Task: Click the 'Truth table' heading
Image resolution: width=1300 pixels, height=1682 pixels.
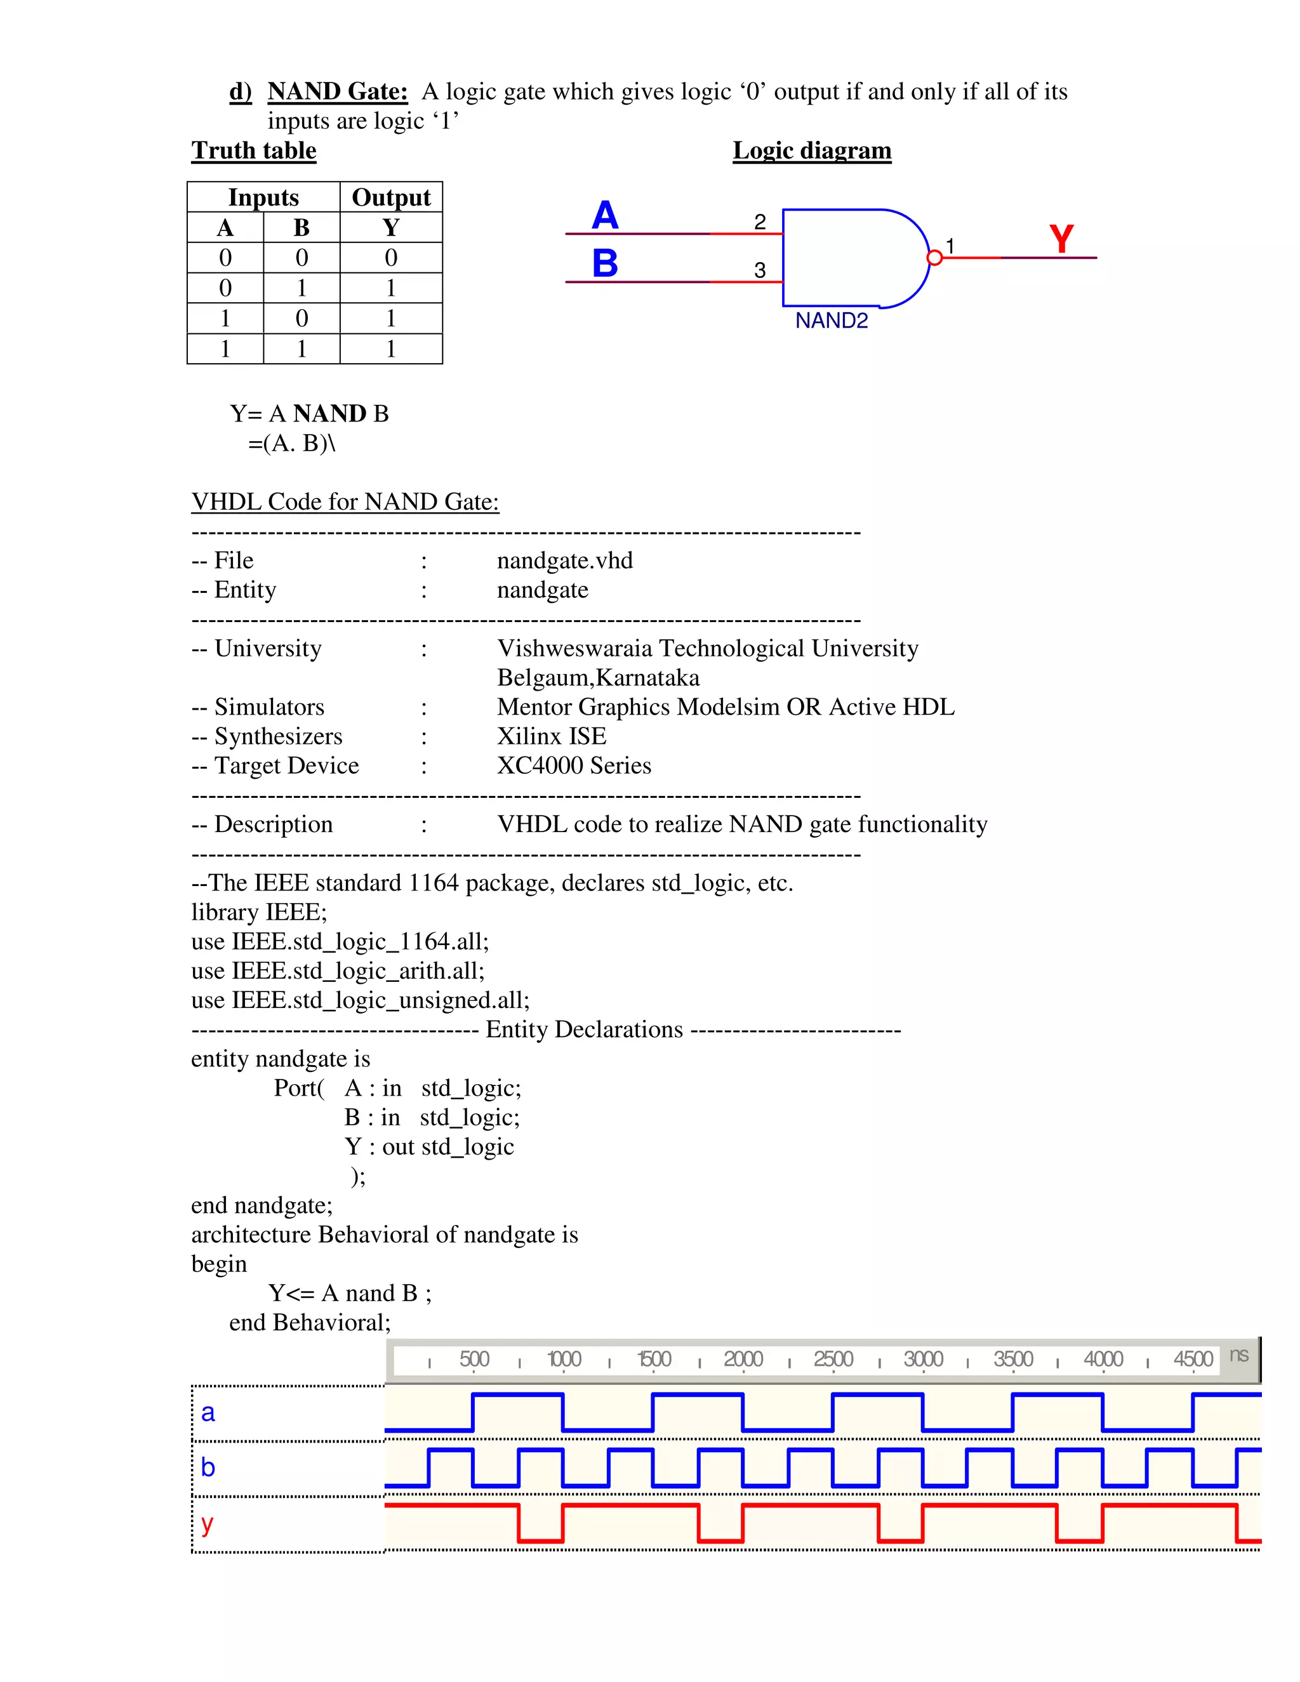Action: (253, 150)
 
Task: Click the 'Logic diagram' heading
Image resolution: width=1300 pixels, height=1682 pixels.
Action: (812, 150)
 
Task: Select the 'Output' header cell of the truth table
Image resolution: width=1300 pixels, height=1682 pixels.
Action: (390, 197)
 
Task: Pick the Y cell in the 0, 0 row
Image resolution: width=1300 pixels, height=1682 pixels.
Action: (390, 257)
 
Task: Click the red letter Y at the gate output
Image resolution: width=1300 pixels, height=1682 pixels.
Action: (1061, 239)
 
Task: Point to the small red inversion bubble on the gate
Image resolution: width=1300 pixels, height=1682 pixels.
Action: (934, 258)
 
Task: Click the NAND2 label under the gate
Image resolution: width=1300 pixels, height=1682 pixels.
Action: (831, 321)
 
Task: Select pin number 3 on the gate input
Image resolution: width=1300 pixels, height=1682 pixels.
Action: (760, 270)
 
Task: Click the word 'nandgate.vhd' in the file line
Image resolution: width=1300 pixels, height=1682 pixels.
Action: (564, 560)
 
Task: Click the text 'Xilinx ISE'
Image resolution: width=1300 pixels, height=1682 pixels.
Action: (552, 736)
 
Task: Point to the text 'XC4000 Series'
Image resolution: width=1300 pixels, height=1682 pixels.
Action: (574, 765)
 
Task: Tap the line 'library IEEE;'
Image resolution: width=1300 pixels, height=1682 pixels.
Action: (259, 912)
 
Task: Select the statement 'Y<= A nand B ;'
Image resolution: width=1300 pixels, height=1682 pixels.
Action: (350, 1293)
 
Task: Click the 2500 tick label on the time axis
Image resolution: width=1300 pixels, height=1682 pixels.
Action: (833, 1360)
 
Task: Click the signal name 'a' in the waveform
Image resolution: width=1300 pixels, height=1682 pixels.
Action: (208, 1412)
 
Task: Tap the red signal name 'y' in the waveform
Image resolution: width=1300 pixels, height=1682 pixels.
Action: (206, 1523)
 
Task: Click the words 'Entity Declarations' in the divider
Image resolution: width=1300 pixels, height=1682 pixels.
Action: (584, 1030)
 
